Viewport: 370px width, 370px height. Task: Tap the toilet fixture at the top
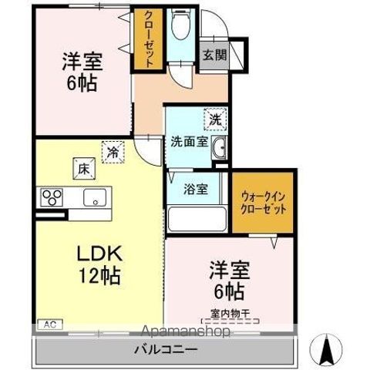tap(179, 28)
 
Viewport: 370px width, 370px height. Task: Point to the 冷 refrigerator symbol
tap(113, 151)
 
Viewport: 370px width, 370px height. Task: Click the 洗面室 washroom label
tap(188, 142)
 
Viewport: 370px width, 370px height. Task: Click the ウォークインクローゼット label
tap(264, 203)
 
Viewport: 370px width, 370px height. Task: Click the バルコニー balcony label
tap(168, 348)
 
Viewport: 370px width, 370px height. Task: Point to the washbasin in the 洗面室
tap(219, 149)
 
